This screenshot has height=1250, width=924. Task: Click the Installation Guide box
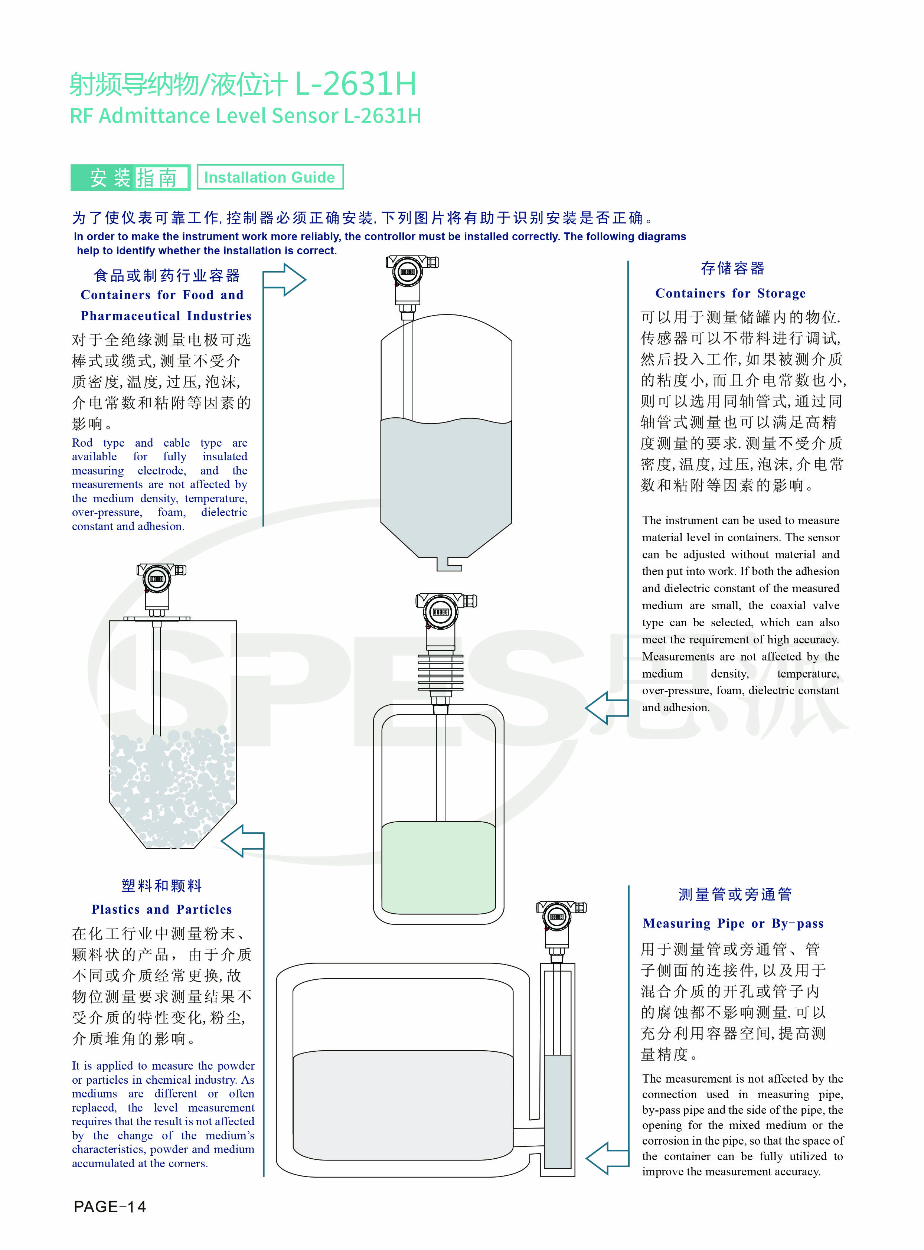click(x=270, y=177)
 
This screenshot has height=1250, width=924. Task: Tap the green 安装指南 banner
click(x=130, y=177)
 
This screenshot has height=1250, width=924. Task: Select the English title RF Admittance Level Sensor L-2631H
click(x=245, y=116)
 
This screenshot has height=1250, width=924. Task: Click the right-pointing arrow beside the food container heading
click(x=284, y=279)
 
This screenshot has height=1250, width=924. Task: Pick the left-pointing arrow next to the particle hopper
click(x=242, y=841)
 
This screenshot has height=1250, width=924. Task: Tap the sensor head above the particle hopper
click(x=161, y=580)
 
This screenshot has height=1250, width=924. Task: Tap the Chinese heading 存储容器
click(x=733, y=268)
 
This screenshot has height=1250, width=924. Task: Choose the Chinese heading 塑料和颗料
click(x=161, y=885)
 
